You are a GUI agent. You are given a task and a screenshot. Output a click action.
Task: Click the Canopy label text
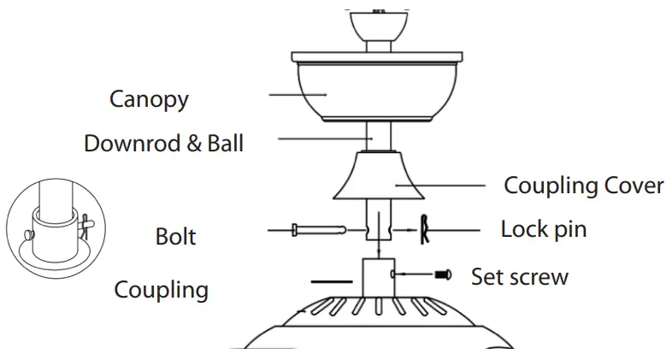point(149,99)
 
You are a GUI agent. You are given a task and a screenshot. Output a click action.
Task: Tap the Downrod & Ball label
point(163,143)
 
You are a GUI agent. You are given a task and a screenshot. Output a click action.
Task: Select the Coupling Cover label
point(583,186)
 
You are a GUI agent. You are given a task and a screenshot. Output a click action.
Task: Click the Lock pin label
point(543,230)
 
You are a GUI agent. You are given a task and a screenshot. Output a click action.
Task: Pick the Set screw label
point(519,277)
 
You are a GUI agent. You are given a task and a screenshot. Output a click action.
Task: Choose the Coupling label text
point(161,289)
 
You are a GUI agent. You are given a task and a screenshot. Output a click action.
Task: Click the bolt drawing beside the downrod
point(316,229)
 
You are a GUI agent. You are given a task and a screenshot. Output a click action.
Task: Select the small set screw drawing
point(442,275)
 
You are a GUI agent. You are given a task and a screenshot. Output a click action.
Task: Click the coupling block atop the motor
point(375,276)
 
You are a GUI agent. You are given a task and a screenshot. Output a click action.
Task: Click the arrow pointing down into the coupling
point(377,248)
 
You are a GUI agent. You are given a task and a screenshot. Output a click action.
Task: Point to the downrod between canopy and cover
point(377,135)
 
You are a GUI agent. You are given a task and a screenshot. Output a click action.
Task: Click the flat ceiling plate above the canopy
point(377,57)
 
